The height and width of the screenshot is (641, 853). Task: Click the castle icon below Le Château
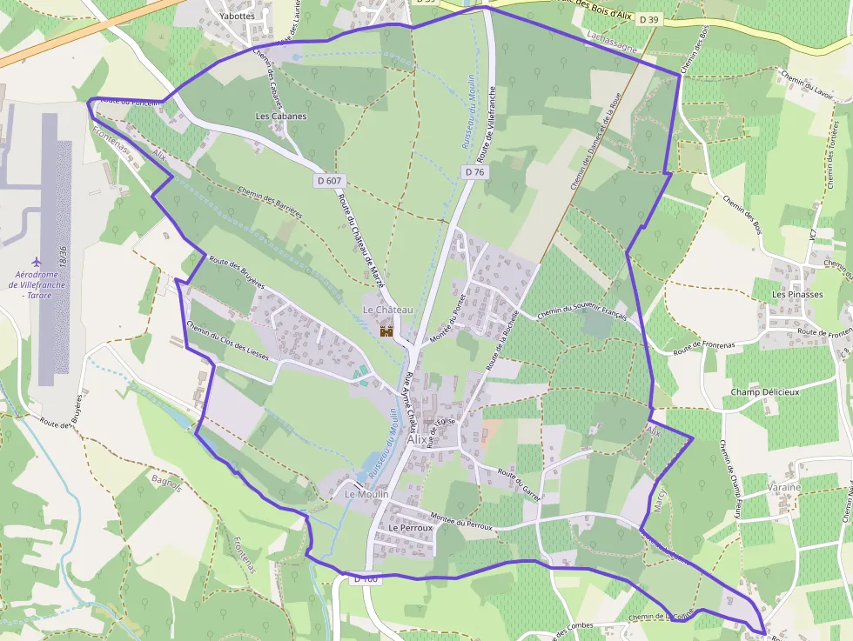coord(386,331)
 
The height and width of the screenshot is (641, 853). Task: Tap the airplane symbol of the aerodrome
coord(37,262)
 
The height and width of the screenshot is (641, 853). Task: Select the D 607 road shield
coord(328,181)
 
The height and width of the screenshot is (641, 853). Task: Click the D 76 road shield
coord(474,172)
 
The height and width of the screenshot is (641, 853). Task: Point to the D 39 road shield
coord(649,19)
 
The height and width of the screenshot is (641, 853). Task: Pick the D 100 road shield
coord(366,579)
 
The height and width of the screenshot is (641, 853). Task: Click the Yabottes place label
coord(238,16)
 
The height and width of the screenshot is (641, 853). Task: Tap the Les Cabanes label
coord(280,116)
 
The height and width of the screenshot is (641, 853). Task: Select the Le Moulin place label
coord(366,494)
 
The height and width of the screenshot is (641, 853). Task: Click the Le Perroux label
coord(411,527)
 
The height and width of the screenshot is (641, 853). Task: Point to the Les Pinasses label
coord(797,294)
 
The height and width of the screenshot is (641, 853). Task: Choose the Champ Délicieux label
coord(764,391)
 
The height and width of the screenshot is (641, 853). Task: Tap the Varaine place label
coord(783,487)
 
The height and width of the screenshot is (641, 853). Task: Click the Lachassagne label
coord(613,37)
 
